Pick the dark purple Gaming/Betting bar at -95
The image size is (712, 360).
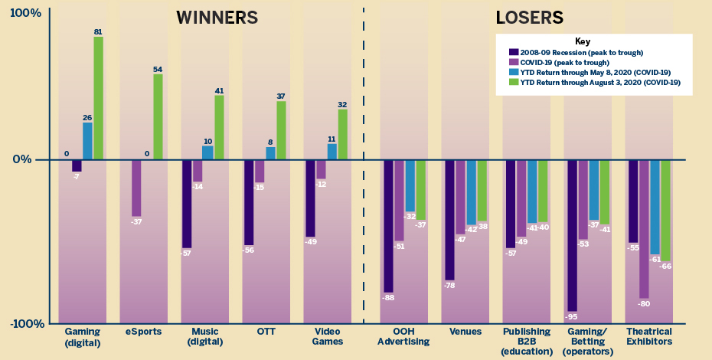(572, 234)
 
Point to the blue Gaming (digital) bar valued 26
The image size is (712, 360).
(87, 141)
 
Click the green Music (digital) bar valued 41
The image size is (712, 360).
(219, 127)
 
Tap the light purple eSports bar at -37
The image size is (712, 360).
(136, 188)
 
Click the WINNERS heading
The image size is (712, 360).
(217, 18)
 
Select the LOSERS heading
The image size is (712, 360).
(529, 18)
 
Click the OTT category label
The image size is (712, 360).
(265, 332)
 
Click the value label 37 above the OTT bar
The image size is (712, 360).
(281, 97)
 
